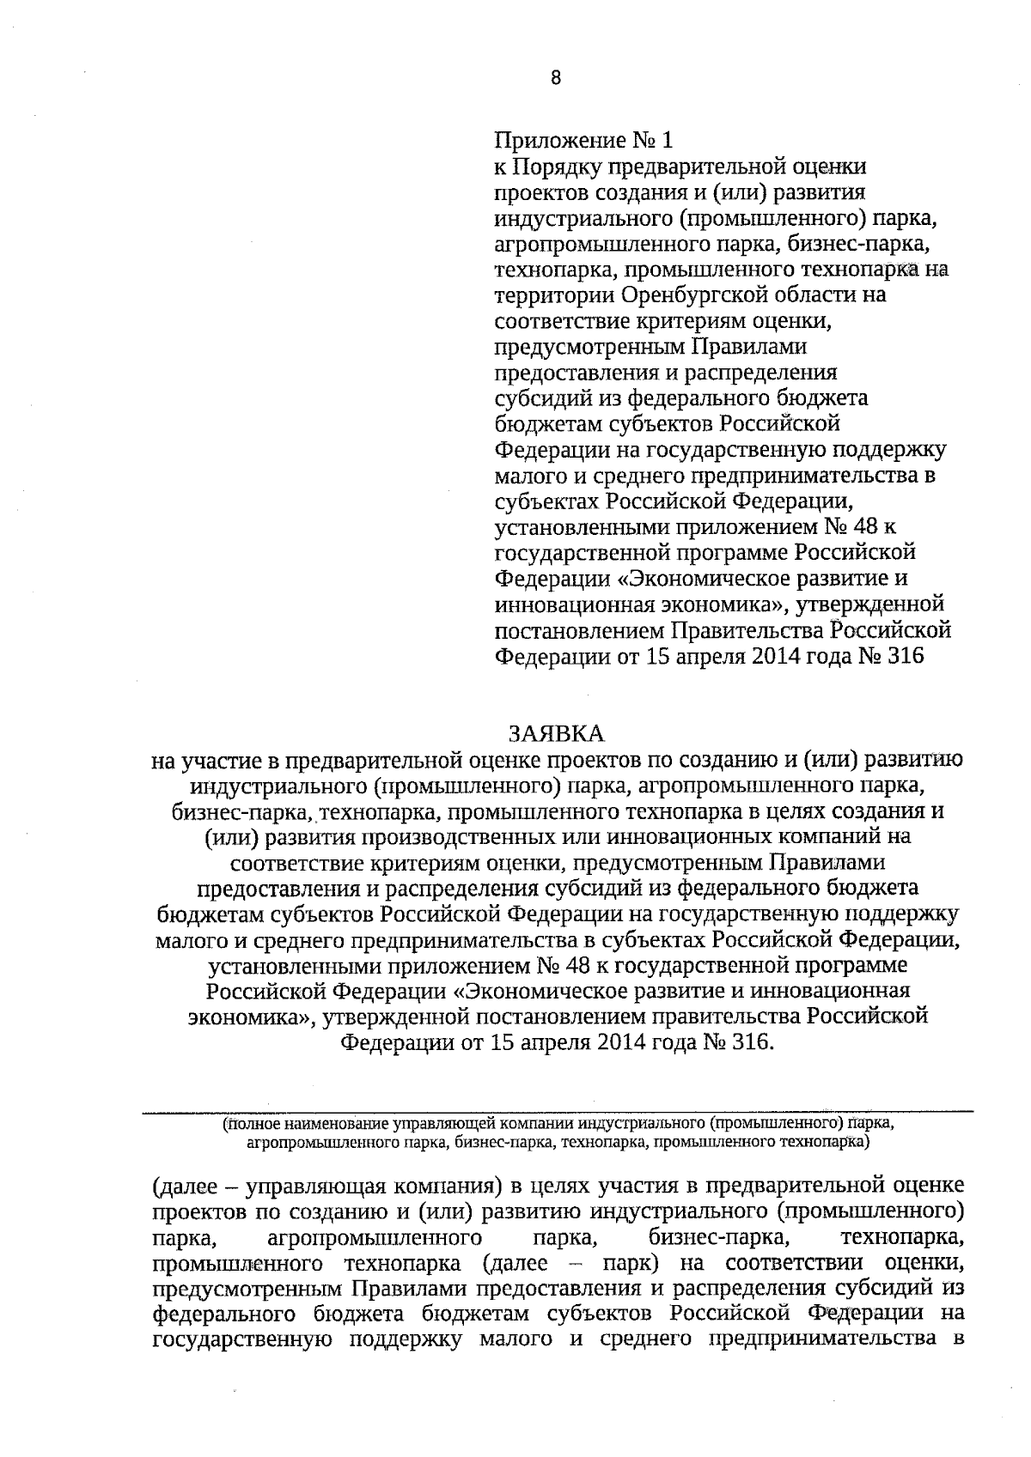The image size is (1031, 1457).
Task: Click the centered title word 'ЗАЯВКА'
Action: (x=556, y=732)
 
